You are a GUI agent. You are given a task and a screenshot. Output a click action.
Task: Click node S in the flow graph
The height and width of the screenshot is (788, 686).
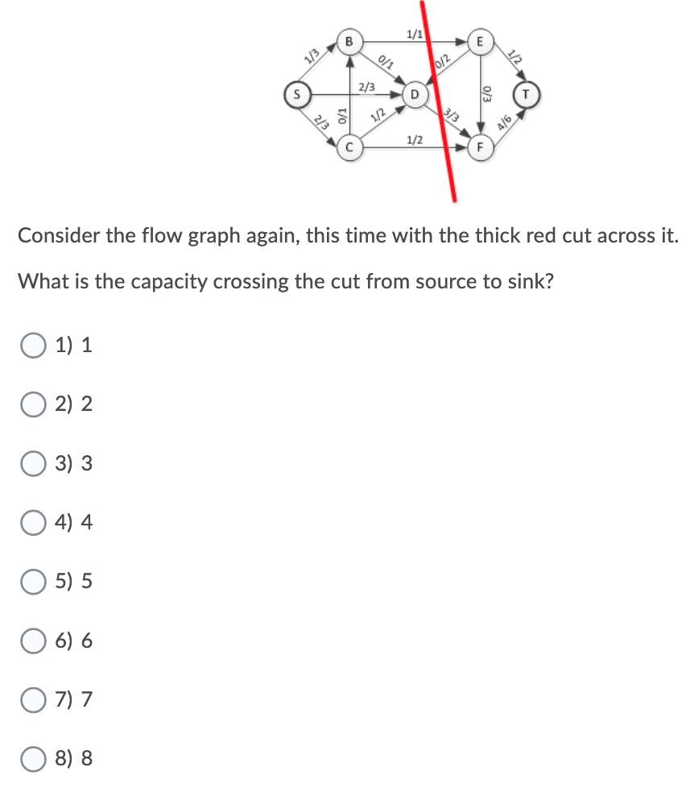pos(296,93)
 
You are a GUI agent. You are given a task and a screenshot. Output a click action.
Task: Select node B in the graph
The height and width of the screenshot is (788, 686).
pos(349,39)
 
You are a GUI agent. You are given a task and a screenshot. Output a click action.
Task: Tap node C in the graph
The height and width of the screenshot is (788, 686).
pos(349,147)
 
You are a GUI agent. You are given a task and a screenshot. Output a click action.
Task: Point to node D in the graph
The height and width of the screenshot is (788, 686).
pos(414,93)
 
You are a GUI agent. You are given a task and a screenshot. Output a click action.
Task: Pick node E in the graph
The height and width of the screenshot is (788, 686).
pos(480,39)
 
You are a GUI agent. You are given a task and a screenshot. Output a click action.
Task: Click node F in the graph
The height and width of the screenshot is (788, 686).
pos(480,147)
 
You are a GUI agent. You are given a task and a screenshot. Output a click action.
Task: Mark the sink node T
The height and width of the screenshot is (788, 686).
pos(527,93)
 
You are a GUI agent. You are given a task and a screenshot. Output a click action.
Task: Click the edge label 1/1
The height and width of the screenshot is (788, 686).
pos(414,34)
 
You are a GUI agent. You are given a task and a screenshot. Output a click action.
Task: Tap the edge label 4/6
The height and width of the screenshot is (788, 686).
pos(506,123)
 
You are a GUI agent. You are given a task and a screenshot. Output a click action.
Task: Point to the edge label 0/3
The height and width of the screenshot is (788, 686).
pos(486,93)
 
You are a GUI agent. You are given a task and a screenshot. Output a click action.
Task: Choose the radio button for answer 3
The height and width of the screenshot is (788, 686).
pos(34,463)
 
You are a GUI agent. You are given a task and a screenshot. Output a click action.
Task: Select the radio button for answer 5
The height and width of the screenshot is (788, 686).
pos(34,581)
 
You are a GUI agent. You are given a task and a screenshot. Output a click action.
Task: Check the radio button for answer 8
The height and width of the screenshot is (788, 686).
pos(34,758)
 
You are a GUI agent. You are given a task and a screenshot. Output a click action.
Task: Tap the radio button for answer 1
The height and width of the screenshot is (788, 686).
pos(34,346)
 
